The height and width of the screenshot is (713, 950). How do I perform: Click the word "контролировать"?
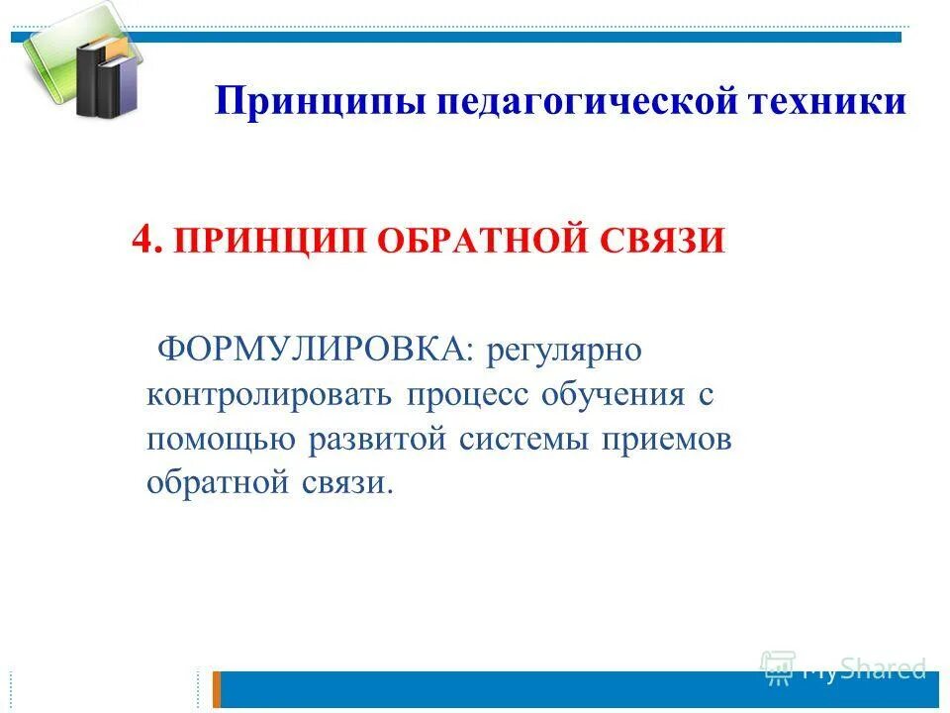[266, 395]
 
